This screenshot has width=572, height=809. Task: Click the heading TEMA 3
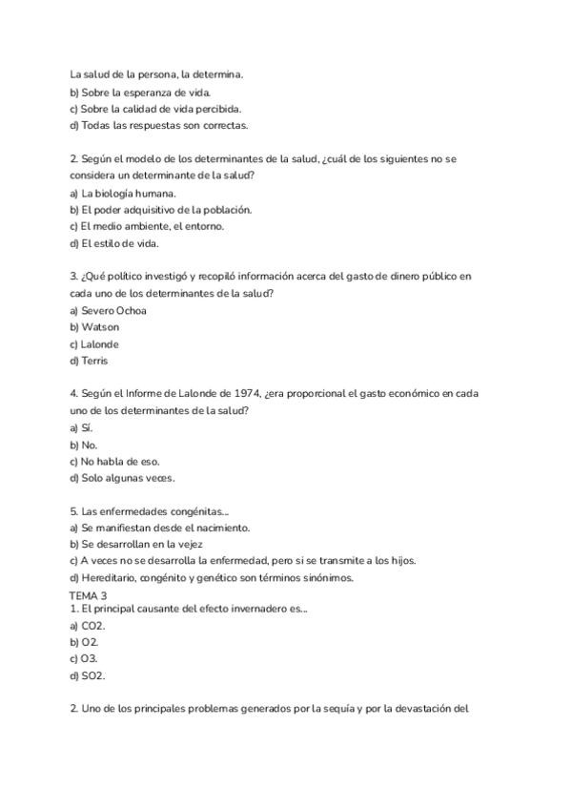point(89,595)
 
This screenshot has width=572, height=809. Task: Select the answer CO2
point(93,625)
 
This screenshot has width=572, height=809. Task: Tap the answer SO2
point(93,675)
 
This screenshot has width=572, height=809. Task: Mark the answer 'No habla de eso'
point(120,461)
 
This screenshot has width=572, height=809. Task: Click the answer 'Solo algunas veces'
point(128,478)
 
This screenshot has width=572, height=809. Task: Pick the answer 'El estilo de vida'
point(120,243)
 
